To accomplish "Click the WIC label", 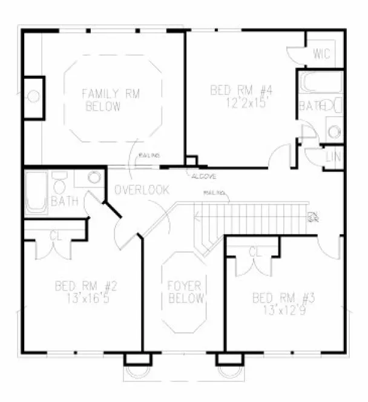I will coord(321,54).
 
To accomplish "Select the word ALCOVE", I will coord(202,176).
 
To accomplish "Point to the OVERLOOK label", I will coord(142,190).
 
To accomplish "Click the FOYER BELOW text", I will coord(186,292).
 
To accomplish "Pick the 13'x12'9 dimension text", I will coord(280,310).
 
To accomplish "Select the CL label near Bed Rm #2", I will coord(56,236).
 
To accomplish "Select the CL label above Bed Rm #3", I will coord(254,251).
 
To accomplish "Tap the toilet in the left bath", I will coord(60,181).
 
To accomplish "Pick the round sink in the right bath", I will coord(333,131).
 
